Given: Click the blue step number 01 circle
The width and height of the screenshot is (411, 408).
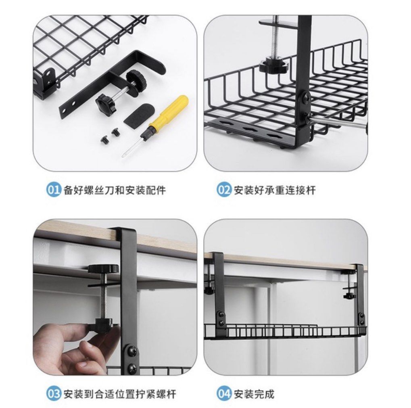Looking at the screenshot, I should click(x=53, y=190).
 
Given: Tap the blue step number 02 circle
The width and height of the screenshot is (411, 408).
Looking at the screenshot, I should click(x=223, y=190).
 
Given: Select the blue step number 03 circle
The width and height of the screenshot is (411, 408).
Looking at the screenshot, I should click(x=53, y=393).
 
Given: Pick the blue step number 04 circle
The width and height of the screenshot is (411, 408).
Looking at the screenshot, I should click(x=223, y=393).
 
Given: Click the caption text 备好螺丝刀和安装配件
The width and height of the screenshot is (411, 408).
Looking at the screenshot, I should click(x=115, y=190).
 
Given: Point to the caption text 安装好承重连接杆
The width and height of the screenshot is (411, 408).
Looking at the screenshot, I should click(x=274, y=190).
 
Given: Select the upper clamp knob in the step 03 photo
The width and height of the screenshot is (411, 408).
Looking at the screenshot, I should click(x=103, y=269).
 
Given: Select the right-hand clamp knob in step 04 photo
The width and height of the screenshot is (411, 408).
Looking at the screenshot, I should click(x=349, y=296).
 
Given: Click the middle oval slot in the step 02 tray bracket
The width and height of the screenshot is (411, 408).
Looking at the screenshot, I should click(x=253, y=130).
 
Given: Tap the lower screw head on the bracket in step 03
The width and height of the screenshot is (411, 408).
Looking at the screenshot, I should click(x=132, y=368).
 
